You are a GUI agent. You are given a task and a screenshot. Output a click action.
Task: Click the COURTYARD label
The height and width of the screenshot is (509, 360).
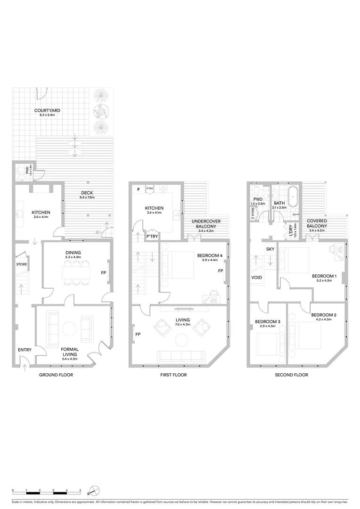tap(47, 111)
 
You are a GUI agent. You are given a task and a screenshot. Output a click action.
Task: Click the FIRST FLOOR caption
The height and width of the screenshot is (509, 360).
tap(173, 375)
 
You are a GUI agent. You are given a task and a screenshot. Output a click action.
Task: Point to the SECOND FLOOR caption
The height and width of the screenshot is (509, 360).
tap(291, 375)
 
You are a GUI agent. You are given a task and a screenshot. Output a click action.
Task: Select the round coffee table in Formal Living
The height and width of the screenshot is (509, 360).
tap(69, 328)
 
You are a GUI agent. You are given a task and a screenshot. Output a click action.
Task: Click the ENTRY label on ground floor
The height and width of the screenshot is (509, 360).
tap(25, 350)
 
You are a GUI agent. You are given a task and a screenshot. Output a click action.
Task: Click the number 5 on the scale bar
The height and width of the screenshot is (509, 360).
tap(80, 490)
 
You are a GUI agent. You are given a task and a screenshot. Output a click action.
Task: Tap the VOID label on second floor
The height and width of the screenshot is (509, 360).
tap(257, 278)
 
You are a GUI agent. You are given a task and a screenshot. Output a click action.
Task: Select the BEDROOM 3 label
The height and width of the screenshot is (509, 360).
tap(268, 322)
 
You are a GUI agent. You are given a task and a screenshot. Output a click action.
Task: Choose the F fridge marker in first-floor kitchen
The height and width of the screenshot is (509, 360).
tap(138, 189)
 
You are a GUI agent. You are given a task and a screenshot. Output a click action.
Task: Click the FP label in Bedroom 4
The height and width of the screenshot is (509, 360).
tap(220, 271)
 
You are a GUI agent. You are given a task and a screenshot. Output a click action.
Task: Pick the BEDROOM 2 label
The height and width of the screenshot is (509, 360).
tap(324, 315)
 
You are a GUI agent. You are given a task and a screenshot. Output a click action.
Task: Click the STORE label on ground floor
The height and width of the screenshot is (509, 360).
tap(22, 264)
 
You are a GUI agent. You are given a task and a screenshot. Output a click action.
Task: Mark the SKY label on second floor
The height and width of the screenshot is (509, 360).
tap(270, 249)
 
